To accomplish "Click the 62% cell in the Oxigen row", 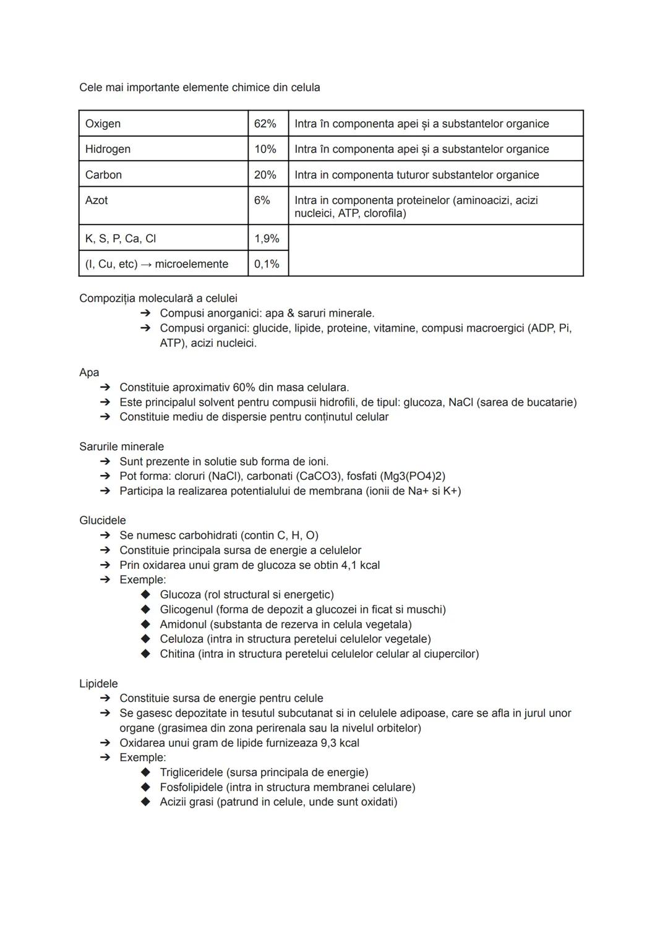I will point(265,124).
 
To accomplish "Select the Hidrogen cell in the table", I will point(108,149).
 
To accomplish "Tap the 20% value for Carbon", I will point(265,175).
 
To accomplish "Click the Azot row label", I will point(96,200).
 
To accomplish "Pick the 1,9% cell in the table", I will point(267,239).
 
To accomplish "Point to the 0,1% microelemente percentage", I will point(267,264).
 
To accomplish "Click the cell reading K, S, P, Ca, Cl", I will point(121,239).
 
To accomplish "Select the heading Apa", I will point(89,372).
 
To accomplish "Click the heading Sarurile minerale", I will point(121,446).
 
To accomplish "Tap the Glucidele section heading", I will point(103,521).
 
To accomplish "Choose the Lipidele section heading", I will point(98,683).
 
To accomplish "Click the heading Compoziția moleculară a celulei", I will point(158,298).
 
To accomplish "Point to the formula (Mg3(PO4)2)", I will point(407,476).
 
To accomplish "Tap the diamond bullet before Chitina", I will point(145,654).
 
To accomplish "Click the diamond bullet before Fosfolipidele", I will point(145,787).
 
